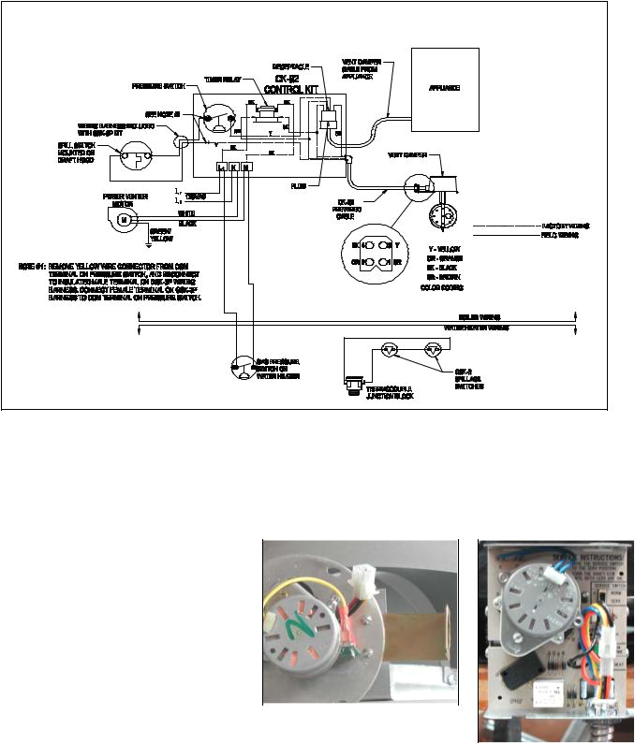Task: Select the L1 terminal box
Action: tap(221, 167)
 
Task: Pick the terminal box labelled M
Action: tap(245, 167)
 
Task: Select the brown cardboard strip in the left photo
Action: tap(427, 637)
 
